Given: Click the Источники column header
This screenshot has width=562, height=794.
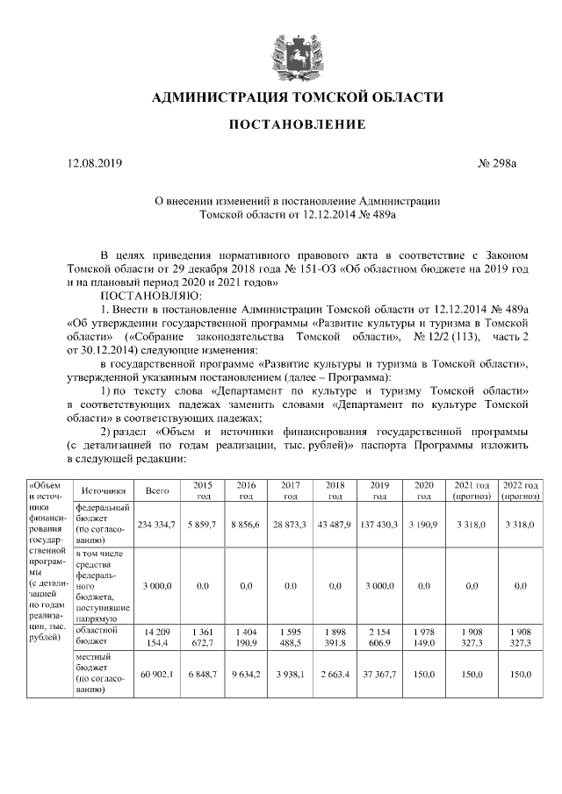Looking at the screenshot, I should (104, 491).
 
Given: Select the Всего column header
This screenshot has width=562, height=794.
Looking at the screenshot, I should (157, 491).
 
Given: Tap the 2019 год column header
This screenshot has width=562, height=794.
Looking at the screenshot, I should (379, 491).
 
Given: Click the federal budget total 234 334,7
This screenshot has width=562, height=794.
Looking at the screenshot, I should (157, 524).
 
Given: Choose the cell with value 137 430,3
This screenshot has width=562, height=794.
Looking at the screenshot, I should (379, 524).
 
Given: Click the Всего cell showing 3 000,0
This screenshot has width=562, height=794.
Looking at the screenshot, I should (157, 584).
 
